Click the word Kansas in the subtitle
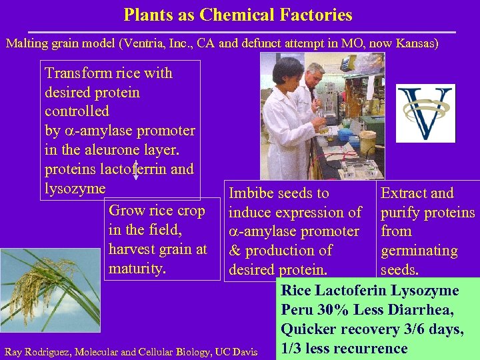point(413,43)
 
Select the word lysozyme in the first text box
point(75,188)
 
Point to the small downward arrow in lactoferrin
point(136,171)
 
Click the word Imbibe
point(251,193)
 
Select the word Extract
point(403,193)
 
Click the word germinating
point(419,251)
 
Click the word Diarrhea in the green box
point(421,310)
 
